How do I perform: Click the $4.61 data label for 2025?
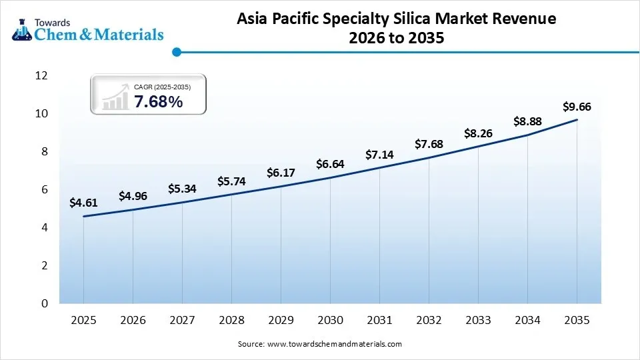pyautogui.click(x=83, y=203)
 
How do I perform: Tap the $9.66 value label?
pyautogui.click(x=577, y=107)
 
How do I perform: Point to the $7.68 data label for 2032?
pyautogui.click(x=429, y=144)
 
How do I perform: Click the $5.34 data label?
pyautogui.click(x=182, y=189)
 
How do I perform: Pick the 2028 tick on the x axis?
pyautogui.click(x=231, y=321)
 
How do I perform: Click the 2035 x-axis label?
pyautogui.click(x=577, y=321)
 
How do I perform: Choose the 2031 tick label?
pyautogui.click(x=379, y=321)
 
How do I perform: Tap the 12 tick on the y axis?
pyautogui.click(x=41, y=76)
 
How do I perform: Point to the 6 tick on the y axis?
pyautogui.click(x=45, y=190)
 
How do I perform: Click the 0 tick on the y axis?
pyautogui.click(x=45, y=304)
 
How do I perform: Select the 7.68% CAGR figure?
pyautogui.click(x=158, y=102)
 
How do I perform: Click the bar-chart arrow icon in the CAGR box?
pyautogui.click(x=115, y=97)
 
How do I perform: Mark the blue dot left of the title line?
pyautogui.click(x=176, y=51)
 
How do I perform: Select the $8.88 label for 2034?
pyautogui.click(x=527, y=121)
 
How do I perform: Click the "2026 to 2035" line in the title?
pyautogui.click(x=396, y=39)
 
